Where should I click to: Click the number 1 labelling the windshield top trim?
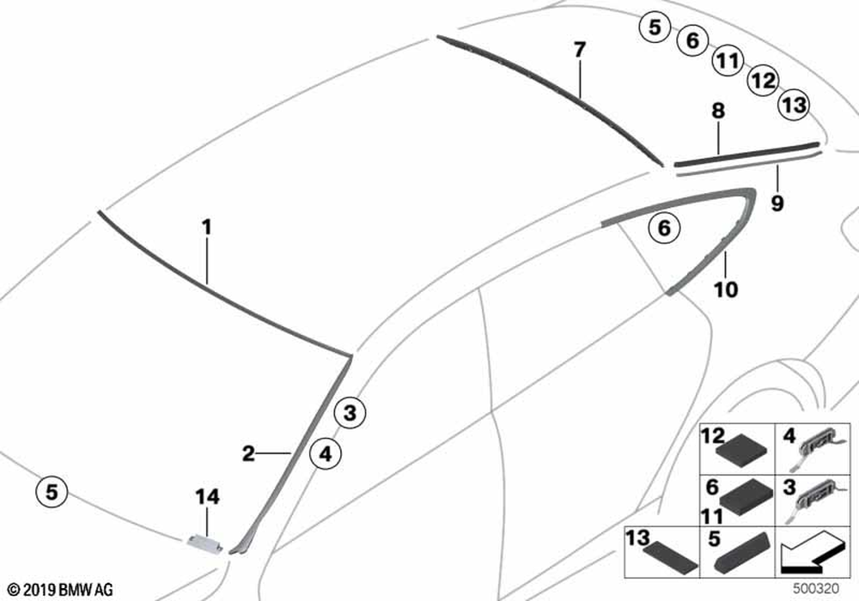coord(206,228)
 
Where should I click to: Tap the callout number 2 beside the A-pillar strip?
coord(249,453)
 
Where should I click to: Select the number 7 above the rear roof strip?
coord(580,51)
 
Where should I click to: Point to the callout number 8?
coord(718,111)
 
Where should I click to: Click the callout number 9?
coord(777,203)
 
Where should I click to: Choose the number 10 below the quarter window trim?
coord(725,289)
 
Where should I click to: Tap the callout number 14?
coord(208,496)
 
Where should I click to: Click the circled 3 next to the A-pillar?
coord(350,412)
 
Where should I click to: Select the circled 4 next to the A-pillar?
coord(325,454)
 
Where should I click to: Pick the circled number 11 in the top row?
coord(728,60)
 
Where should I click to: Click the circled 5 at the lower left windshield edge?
coord(52,491)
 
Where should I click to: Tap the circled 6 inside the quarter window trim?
coord(664,228)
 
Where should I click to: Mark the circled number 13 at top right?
coord(795,104)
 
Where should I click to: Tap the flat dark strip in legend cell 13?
coord(670,558)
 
